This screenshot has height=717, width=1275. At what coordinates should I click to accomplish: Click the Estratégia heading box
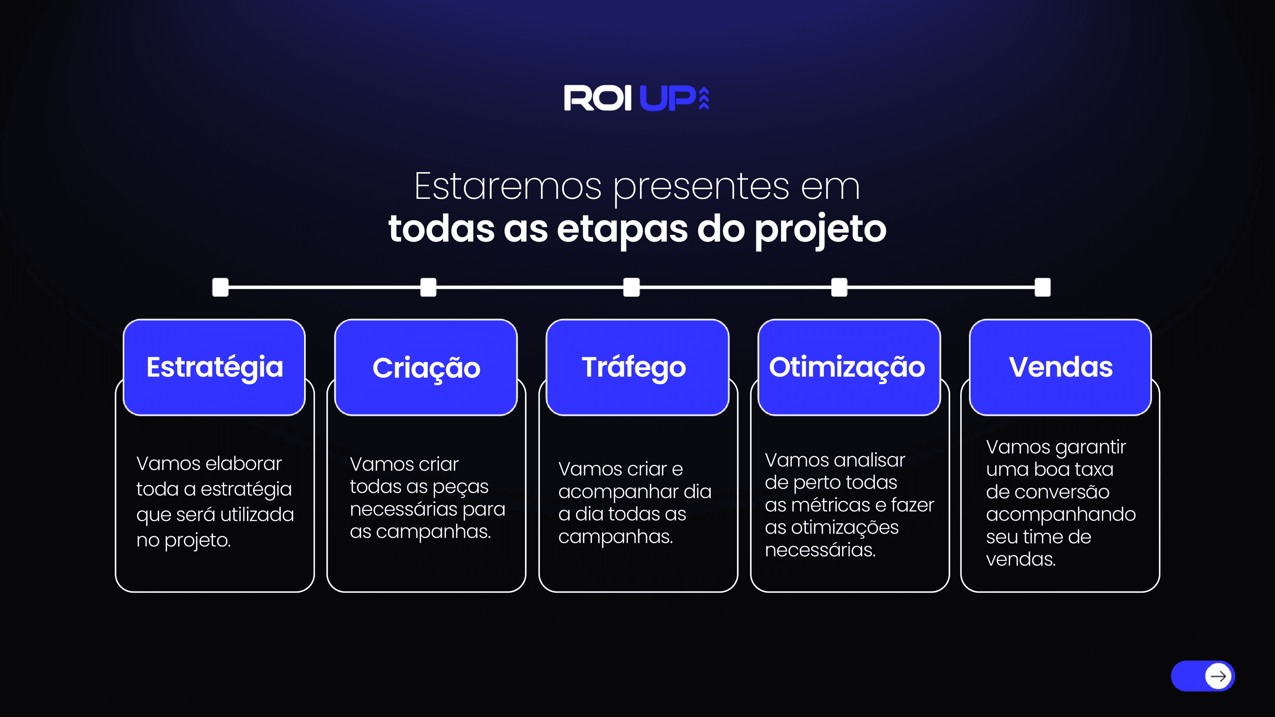tap(214, 367)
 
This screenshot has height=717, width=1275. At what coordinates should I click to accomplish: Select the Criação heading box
tap(426, 367)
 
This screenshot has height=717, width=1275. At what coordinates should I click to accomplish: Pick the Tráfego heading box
tap(637, 367)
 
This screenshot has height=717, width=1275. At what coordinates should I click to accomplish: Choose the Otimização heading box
tap(849, 367)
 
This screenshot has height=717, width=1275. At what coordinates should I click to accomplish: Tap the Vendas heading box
tap(1060, 367)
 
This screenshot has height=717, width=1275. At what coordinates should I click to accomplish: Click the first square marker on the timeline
tap(220, 287)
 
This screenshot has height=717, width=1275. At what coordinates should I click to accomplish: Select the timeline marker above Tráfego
tap(632, 287)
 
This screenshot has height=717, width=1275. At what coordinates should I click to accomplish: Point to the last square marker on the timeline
tap(1042, 287)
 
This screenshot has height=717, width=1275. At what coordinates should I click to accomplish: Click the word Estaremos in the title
tap(507, 187)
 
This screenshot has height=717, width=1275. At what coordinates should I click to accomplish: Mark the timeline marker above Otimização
tap(839, 287)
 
